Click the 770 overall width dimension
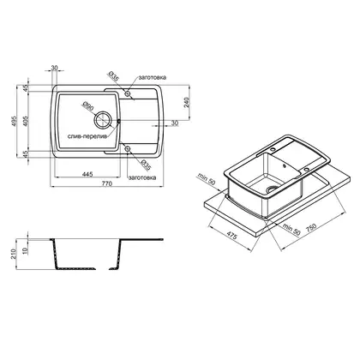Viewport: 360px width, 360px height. click(107, 183)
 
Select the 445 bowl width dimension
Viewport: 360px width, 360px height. click(87, 174)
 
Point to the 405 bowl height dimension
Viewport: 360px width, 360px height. click(26, 122)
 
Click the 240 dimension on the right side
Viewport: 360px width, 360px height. click(187, 102)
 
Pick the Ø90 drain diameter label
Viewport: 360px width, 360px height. click(87, 106)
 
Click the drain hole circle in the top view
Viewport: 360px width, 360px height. click(102, 120)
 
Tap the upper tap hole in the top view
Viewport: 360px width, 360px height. click(128, 93)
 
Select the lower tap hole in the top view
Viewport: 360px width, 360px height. click(128, 148)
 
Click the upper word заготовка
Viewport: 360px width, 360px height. click(153, 77)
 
